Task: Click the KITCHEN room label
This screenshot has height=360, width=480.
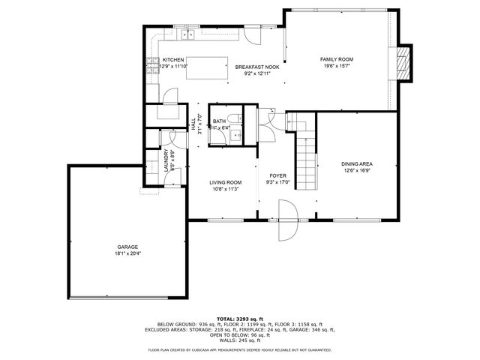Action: point(173,60)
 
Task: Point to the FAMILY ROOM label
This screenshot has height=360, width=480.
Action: point(337,59)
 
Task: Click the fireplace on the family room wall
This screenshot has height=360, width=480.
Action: point(404,63)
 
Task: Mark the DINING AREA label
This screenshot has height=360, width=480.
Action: point(357,164)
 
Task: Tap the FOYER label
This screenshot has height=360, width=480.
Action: point(279,175)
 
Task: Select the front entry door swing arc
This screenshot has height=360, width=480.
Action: point(287,221)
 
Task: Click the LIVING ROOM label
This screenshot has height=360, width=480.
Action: point(225,182)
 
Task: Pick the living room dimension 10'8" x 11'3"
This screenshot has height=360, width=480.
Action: point(225,189)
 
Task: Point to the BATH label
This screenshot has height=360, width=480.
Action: point(219,121)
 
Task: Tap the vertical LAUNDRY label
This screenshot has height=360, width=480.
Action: point(166,163)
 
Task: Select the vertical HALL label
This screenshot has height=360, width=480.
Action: point(193,124)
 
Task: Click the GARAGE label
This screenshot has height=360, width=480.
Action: point(127,247)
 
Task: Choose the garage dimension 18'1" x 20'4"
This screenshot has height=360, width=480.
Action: point(127,253)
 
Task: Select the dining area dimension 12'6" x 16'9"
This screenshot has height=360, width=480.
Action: point(357,171)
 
